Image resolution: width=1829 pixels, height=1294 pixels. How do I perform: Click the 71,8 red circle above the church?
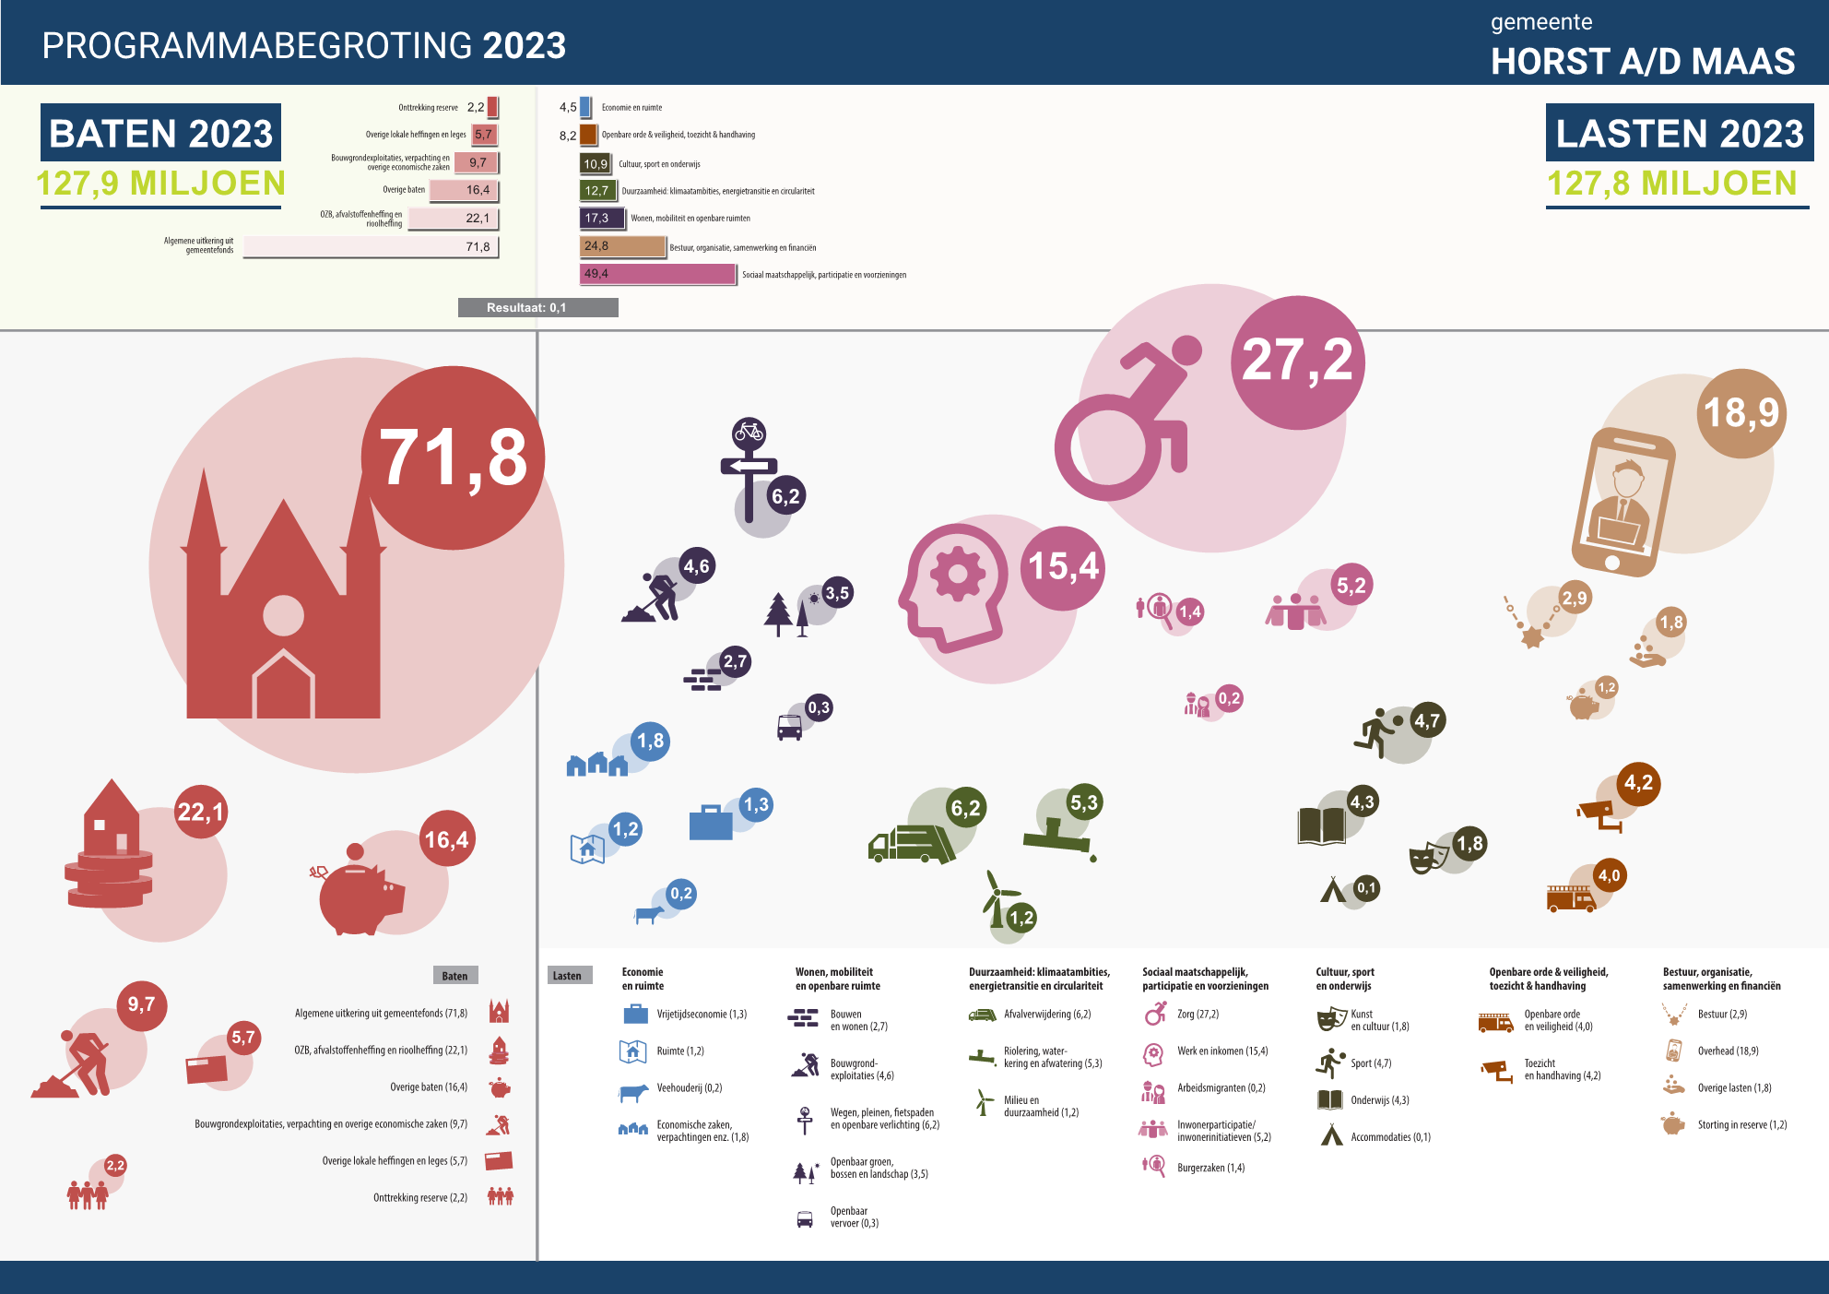coord(453,457)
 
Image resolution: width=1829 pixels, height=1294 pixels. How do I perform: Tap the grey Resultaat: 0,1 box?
coord(537,307)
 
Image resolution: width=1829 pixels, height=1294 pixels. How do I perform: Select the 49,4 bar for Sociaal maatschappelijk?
coord(658,274)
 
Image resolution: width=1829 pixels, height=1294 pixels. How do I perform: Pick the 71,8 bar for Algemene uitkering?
coord(371,246)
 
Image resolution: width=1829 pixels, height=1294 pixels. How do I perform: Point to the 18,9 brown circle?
coord(1741,412)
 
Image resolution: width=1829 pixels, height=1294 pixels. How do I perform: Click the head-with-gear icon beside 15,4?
coord(954,588)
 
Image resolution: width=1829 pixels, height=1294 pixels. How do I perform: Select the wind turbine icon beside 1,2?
coord(997,899)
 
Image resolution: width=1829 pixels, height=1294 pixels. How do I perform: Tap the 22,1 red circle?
coord(200,812)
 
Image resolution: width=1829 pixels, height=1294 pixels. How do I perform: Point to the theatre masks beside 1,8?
coord(1429,858)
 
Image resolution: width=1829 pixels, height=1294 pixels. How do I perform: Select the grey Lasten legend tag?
coord(567,976)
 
